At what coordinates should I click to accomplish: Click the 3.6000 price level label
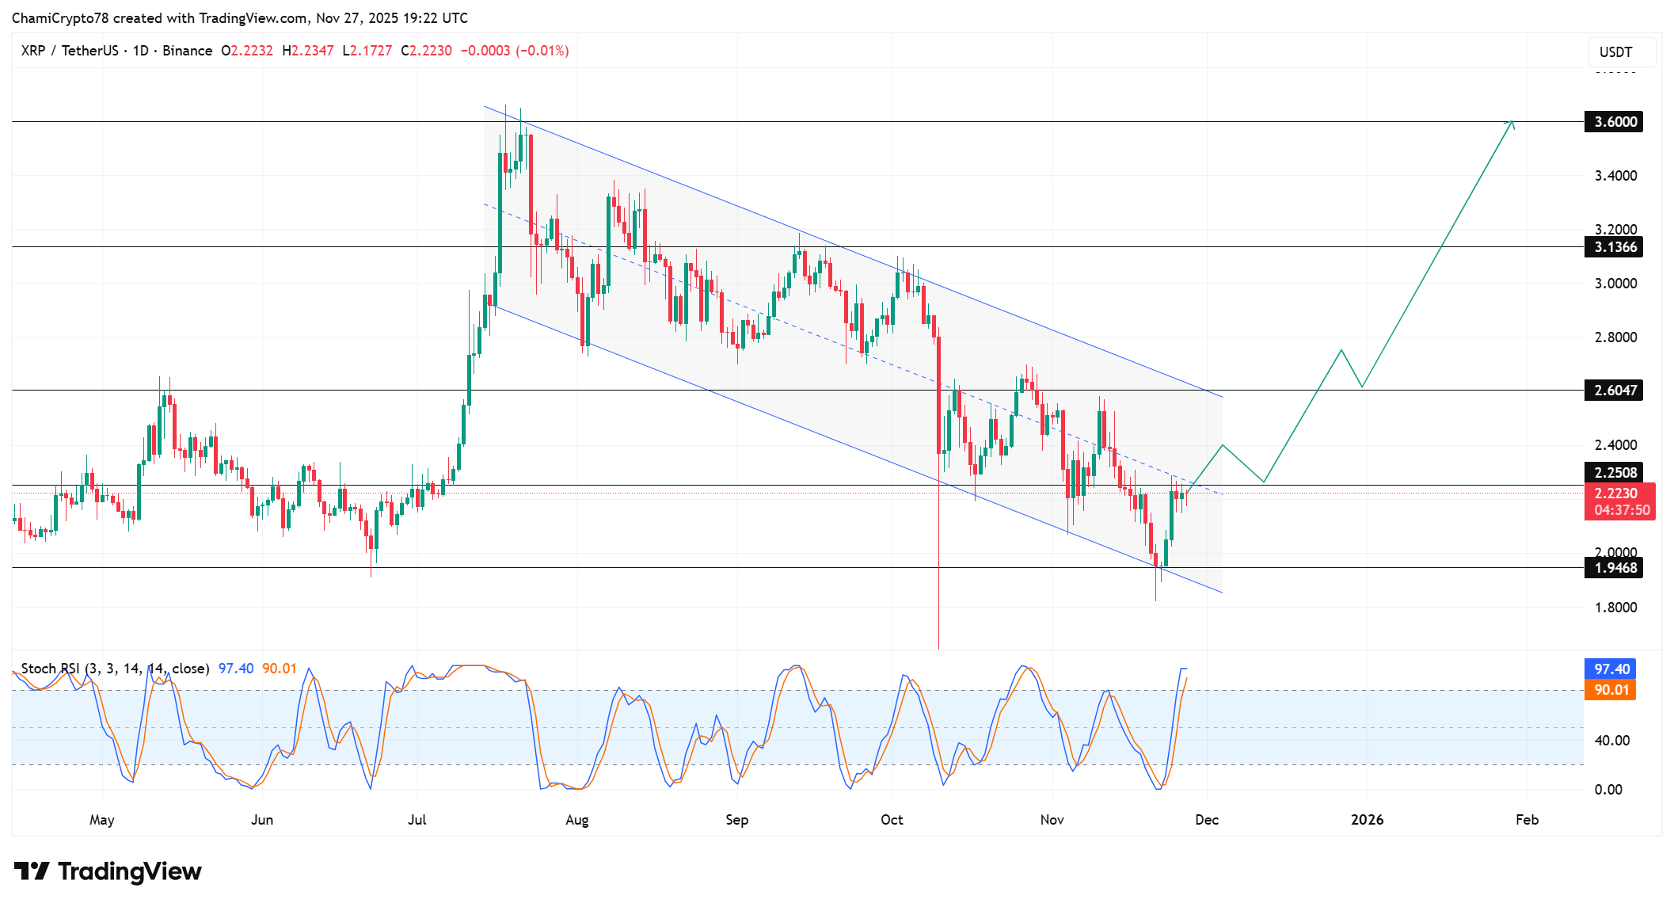(x=1614, y=122)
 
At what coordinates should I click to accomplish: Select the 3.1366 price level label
(x=1614, y=247)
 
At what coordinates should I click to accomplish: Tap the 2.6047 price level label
(x=1614, y=391)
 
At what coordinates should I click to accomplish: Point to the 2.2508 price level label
(x=1614, y=473)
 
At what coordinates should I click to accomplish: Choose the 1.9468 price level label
(x=1614, y=568)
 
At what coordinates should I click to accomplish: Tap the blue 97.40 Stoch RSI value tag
(x=1611, y=669)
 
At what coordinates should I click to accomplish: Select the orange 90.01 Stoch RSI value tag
(x=1611, y=690)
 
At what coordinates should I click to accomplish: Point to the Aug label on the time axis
(x=577, y=820)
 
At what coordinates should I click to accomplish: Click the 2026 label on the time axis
(x=1368, y=820)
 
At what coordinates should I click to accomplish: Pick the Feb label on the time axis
(x=1527, y=820)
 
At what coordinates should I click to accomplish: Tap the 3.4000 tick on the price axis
(x=1615, y=176)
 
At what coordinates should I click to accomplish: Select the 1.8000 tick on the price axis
(x=1615, y=608)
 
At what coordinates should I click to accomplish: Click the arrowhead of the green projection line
(x=1512, y=122)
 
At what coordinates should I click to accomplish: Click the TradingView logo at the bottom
(x=108, y=871)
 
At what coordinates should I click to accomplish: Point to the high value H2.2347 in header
(x=308, y=51)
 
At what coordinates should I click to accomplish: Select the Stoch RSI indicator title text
(x=115, y=669)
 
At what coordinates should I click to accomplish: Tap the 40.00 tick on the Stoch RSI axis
(x=1611, y=741)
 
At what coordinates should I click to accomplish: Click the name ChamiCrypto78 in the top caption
(x=60, y=18)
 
